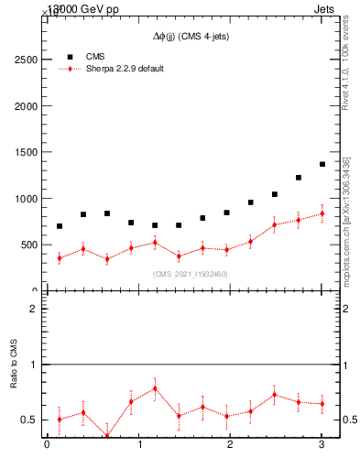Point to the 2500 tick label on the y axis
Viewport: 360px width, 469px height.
tap(25, 59)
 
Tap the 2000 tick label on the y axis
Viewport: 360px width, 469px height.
tap(25, 105)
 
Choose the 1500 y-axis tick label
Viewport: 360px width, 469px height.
tap(25, 152)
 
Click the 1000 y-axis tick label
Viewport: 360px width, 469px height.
tap(25, 199)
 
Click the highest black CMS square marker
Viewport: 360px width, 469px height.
tap(322, 164)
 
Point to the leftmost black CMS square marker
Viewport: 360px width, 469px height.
tap(60, 226)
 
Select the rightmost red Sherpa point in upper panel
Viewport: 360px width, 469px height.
tap(322, 213)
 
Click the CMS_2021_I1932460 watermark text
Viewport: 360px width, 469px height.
tap(191, 274)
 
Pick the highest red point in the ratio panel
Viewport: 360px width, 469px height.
tap(155, 387)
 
